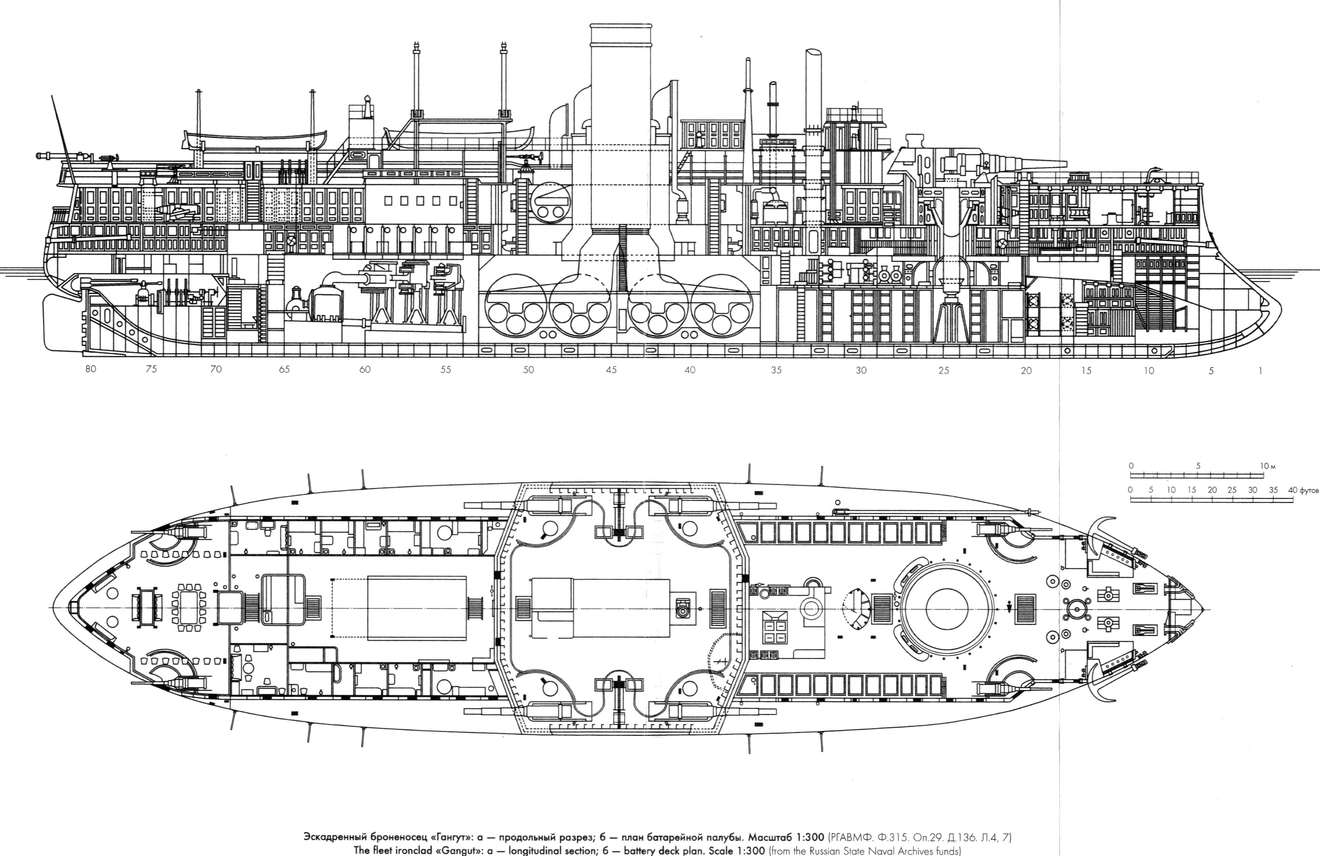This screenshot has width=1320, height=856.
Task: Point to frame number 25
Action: tap(943, 371)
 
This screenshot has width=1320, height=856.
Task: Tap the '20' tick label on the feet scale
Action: tap(1212, 490)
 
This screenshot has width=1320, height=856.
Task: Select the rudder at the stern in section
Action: tap(62, 322)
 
